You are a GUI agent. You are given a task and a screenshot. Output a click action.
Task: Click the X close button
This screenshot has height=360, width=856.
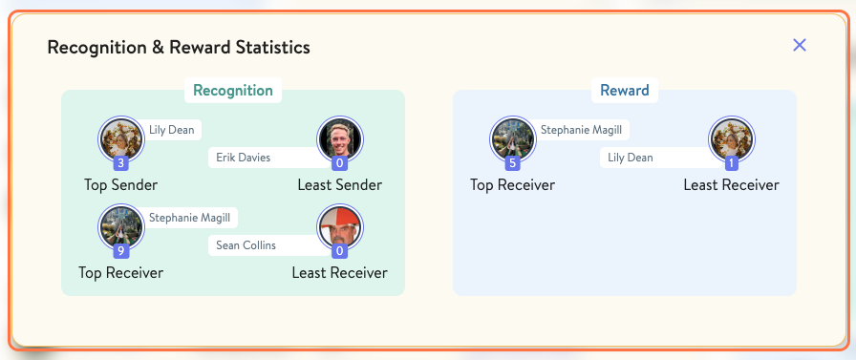tap(800, 45)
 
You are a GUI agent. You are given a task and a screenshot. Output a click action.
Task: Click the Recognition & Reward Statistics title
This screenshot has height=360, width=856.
tap(179, 47)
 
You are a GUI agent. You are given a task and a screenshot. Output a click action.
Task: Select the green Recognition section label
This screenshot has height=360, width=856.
tap(233, 91)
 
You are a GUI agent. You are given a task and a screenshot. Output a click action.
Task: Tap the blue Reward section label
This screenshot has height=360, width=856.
tap(624, 91)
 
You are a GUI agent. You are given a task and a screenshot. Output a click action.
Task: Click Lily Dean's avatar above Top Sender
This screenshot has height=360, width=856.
tap(121, 139)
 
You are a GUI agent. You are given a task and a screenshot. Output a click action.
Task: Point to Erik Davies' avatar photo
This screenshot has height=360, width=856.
tap(339, 139)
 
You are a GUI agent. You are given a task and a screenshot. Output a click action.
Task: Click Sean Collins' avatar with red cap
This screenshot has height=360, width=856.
tap(339, 227)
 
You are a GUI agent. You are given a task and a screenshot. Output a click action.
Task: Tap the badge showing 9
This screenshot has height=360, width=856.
tap(121, 252)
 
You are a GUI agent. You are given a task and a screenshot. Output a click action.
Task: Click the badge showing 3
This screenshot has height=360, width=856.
tap(121, 164)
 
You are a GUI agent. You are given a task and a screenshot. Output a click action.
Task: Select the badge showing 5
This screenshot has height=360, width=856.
tap(512, 164)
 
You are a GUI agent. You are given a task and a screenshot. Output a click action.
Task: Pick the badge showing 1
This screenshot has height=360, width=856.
tap(731, 164)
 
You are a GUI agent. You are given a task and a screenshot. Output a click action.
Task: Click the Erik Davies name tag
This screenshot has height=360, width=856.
tap(244, 158)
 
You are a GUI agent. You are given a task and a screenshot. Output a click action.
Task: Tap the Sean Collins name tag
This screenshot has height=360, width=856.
tap(246, 245)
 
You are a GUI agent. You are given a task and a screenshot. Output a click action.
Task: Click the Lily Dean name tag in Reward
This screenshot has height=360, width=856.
tap(631, 158)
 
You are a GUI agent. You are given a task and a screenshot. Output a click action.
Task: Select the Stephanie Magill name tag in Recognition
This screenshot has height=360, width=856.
tap(189, 217)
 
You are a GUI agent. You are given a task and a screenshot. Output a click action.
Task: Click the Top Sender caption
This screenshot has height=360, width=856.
tap(121, 185)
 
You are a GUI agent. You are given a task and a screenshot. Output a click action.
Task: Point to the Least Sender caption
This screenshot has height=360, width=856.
tap(339, 185)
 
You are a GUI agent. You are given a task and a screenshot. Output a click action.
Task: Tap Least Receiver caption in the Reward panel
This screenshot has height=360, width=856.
tap(731, 185)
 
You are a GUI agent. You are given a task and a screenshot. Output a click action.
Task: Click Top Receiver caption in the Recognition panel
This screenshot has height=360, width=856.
tap(121, 273)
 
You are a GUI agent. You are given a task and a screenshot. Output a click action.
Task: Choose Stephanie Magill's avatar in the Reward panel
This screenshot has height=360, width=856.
tap(512, 139)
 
